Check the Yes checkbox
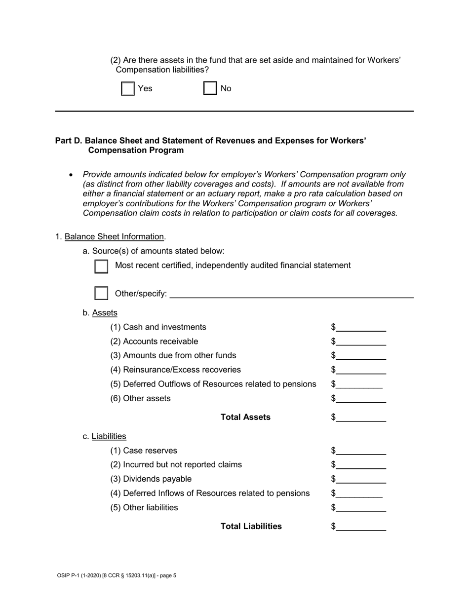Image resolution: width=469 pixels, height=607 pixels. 128,89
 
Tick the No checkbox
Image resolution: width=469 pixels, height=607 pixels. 210,89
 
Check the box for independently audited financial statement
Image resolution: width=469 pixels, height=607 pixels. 101,266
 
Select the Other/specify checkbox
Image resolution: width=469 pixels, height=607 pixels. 101,293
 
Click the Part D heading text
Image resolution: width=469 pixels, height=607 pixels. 210,146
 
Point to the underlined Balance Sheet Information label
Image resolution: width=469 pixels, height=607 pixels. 114,237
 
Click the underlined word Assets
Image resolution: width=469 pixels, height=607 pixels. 105,313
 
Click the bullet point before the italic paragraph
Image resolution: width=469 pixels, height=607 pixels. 72,175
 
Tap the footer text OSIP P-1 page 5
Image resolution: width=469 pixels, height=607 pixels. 117,575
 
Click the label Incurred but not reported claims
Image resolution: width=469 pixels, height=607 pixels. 176,465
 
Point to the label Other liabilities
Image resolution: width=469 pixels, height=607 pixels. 144,508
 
